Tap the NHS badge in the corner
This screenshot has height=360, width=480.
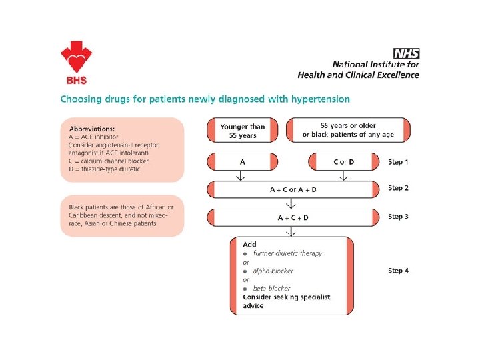pyautogui.click(x=406, y=53)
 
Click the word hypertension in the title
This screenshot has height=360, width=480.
pyautogui.click(x=317, y=99)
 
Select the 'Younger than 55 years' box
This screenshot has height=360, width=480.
pyautogui.click(x=243, y=131)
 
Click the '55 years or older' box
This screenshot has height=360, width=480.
pyautogui.click(x=348, y=130)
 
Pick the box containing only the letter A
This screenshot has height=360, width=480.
pyautogui.click(x=242, y=161)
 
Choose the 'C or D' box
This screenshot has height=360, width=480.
pyautogui.click(x=343, y=162)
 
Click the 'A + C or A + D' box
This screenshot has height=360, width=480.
pyautogui.click(x=293, y=189)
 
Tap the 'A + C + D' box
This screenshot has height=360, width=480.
pyautogui.click(x=293, y=217)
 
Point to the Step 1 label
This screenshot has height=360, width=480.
pyautogui.click(x=399, y=162)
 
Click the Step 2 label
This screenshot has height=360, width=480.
pyautogui.click(x=399, y=188)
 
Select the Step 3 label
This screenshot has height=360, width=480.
pyautogui.click(x=399, y=217)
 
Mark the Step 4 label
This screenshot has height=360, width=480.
pyautogui.click(x=399, y=271)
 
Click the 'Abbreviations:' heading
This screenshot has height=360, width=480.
pyautogui.click(x=92, y=128)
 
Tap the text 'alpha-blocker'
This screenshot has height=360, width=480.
pyautogui.click(x=271, y=271)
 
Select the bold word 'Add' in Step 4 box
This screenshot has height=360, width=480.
pyautogui.click(x=249, y=245)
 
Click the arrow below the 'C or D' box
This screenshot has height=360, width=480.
pyautogui.click(x=343, y=175)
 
